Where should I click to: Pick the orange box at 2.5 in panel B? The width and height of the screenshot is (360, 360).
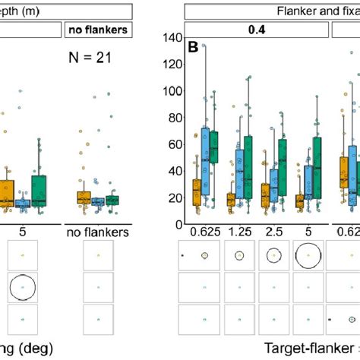click(264, 195)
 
